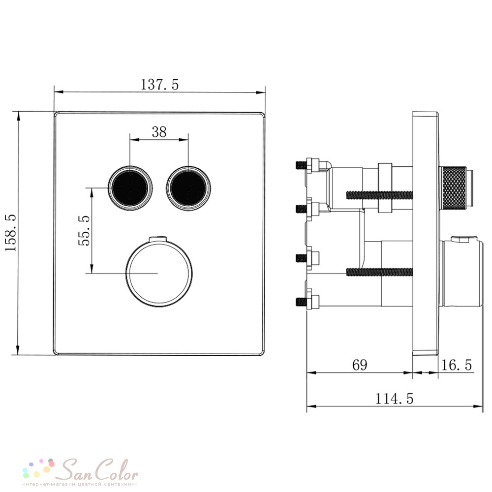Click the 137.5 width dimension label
tap(159, 85)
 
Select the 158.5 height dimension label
tap(11, 233)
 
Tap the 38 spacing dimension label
tap(159, 132)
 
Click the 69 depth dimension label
tap(360, 365)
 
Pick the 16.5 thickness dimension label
tap(457, 365)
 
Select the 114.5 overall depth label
tap(395, 399)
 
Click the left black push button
tap(130, 188)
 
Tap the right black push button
tap(188, 188)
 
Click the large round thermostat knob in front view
tap(159, 273)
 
